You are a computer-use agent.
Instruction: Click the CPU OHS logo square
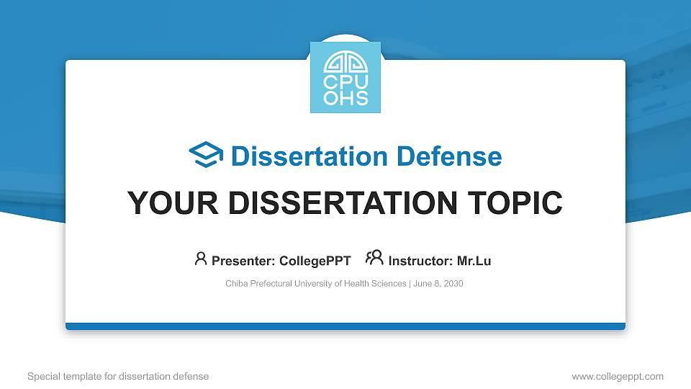coord(345,77)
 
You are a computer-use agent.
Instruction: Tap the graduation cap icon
coord(206,156)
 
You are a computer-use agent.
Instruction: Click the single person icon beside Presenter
coord(201,259)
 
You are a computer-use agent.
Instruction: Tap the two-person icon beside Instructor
coord(374,259)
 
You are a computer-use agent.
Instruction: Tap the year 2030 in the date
coord(453,284)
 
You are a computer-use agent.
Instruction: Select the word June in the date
coord(422,284)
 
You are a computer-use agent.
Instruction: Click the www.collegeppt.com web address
coord(618,377)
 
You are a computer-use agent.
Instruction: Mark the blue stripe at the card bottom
coord(345,326)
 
